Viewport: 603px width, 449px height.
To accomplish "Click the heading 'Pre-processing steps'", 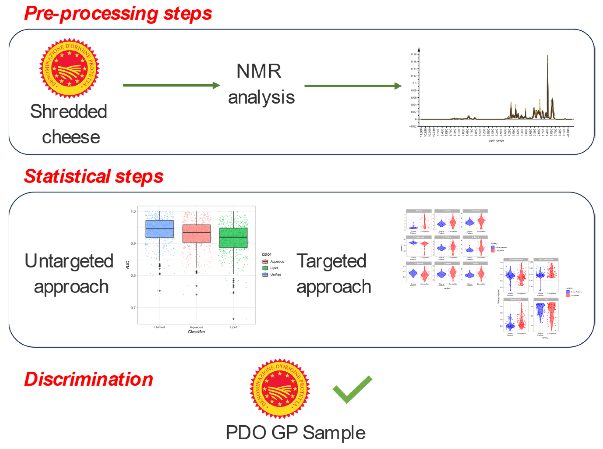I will [118, 14].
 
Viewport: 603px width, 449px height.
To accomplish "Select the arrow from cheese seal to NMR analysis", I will [171, 85].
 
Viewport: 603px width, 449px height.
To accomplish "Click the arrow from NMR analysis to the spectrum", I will [353, 86].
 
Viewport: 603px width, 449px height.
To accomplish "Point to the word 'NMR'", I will [259, 71].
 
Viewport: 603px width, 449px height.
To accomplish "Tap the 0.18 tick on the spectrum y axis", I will [414, 54].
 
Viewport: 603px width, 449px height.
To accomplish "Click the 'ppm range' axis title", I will [496, 141].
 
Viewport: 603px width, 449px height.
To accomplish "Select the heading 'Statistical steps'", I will [94, 176].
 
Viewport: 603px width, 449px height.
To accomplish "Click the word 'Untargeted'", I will [69, 261].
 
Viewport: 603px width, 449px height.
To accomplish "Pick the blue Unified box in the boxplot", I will [160, 229].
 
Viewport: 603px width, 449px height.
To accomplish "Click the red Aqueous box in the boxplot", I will [196, 233].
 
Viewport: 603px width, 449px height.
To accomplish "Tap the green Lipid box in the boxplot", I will [233, 238].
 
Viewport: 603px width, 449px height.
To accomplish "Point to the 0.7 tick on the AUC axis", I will [133, 308].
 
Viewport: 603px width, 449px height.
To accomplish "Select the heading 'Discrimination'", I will [89, 379].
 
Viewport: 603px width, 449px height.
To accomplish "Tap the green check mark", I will [352, 389].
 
